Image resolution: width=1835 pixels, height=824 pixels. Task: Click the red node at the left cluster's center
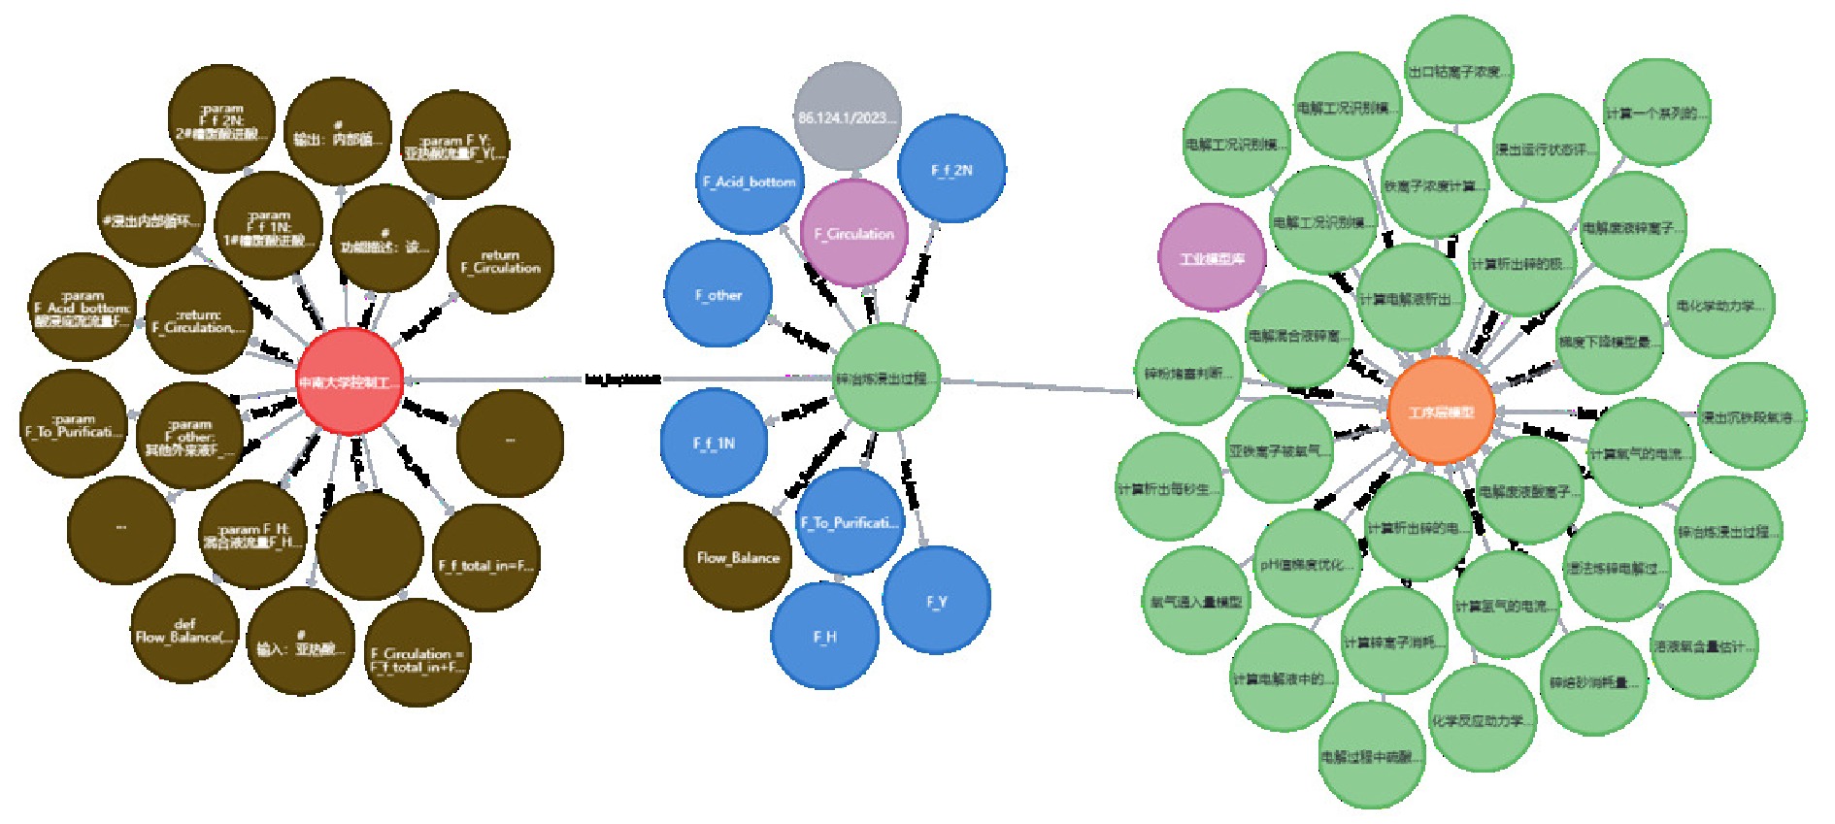(349, 381)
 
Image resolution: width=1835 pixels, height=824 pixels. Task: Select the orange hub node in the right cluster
(1441, 411)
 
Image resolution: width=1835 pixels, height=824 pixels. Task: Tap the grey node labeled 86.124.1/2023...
(847, 116)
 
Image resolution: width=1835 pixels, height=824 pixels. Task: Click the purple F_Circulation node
(853, 233)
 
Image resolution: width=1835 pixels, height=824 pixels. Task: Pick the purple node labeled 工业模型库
(1212, 258)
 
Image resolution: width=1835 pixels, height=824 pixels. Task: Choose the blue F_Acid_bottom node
(749, 181)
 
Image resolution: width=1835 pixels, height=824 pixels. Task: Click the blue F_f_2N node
(951, 170)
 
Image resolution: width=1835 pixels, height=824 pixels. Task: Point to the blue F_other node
(718, 295)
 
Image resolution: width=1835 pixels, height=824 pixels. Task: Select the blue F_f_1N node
(714, 443)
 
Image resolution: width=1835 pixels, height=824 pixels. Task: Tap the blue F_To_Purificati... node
(850, 522)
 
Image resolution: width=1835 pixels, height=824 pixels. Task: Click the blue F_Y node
(936, 601)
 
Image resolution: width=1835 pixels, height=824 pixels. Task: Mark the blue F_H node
(824, 637)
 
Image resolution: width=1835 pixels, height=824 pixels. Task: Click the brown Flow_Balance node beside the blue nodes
(738, 557)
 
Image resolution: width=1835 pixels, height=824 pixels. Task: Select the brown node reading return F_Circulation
(500, 261)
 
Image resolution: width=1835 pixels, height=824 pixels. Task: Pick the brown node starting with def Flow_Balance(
(184, 630)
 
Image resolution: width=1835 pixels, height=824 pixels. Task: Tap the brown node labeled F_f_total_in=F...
(485, 564)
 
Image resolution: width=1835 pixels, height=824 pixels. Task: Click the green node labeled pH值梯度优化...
(1306, 564)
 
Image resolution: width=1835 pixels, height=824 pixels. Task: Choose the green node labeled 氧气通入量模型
(1196, 602)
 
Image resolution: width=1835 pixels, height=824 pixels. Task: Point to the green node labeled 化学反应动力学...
(1482, 720)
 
